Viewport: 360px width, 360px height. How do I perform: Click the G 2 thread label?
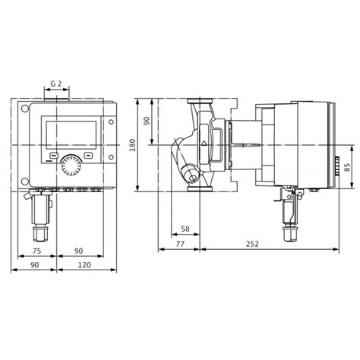pyautogui.click(x=56, y=84)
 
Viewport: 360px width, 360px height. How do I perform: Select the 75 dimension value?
pyautogui.click(x=36, y=251)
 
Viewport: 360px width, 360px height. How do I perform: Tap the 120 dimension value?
pyautogui.click(x=84, y=265)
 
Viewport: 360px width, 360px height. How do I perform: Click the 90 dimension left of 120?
pyautogui.click(x=35, y=265)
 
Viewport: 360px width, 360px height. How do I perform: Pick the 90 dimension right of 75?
pyautogui.click(x=78, y=251)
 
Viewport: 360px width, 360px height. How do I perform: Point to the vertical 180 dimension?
pyautogui.click(x=132, y=145)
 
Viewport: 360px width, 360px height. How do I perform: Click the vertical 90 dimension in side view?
pyautogui.click(x=147, y=121)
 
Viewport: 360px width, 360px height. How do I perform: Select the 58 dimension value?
pyautogui.click(x=185, y=229)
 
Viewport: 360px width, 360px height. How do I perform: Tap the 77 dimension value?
pyautogui.click(x=180, y=244)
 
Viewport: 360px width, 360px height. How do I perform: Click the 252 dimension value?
pyautogui.click(x=252, y=244)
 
